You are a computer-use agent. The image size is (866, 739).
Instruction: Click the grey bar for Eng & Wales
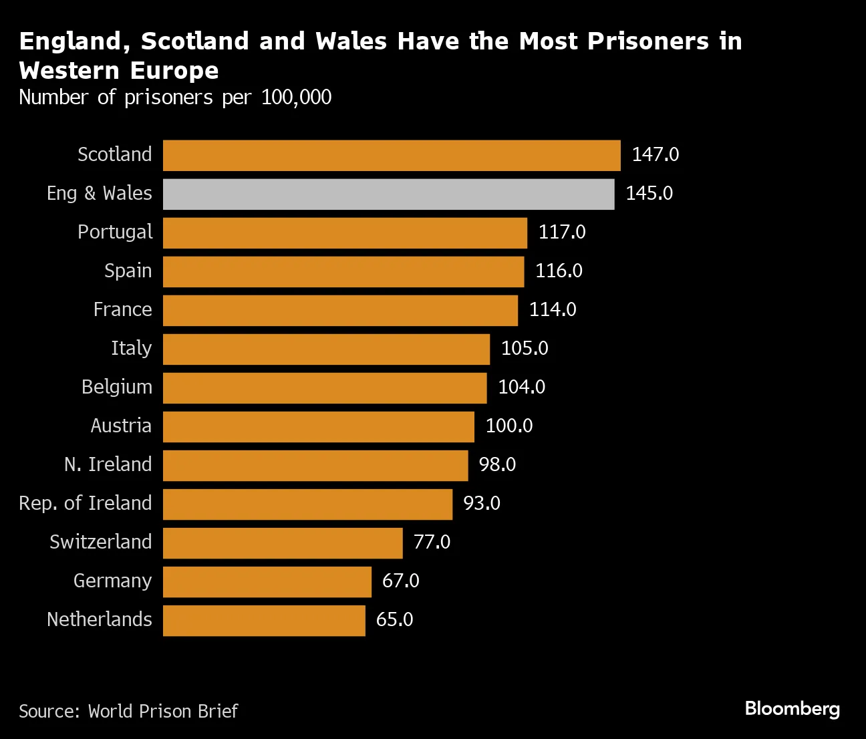388,194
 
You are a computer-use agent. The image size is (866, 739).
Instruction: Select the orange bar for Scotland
392,155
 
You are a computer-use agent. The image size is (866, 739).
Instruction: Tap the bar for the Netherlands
264,620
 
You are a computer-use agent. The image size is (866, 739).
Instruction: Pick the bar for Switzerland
283,543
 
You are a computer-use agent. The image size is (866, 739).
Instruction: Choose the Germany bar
267,581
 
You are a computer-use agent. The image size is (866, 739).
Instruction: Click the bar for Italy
326,349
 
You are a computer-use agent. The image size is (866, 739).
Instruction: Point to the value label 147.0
655,155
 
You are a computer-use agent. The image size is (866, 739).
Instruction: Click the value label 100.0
509,426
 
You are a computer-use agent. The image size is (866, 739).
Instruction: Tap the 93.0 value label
481,504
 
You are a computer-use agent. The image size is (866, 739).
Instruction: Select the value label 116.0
559,271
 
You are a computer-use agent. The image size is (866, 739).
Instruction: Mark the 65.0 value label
394,620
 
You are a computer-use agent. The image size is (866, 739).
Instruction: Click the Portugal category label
115,233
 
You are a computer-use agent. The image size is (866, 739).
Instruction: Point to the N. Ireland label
108,465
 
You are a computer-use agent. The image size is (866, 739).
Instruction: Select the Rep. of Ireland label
86,504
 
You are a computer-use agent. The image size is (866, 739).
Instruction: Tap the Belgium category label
117,388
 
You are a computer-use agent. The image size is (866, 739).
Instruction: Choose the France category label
122,310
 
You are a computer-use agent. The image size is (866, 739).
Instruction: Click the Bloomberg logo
792,709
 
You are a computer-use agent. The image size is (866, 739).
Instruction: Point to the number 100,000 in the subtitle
296,98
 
